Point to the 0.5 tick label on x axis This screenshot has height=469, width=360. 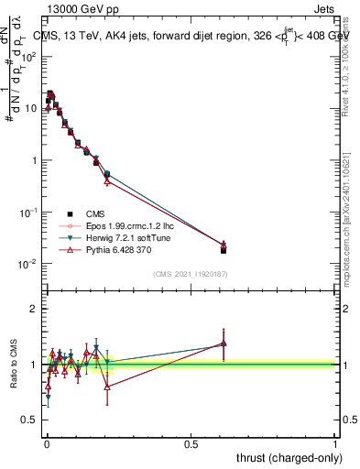(x=191, y=442)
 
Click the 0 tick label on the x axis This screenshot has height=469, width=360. (x=47, y=442)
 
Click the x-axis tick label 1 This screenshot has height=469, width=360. (x=335, y=442)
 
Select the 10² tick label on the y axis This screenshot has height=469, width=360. (x=29, y=57)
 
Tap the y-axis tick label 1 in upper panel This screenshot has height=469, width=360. (x=34, y=160)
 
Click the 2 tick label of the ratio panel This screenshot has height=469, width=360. (x=35, y=309)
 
